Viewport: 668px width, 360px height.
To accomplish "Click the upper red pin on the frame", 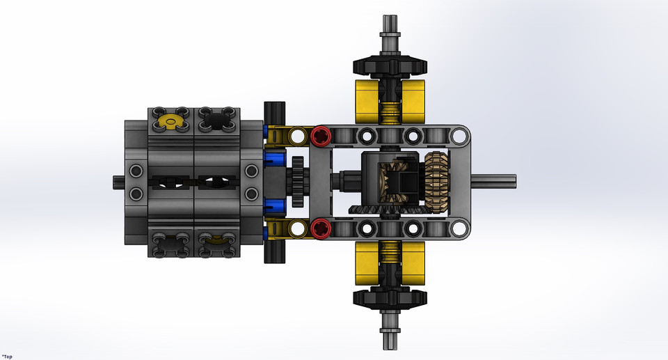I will click(320, 136).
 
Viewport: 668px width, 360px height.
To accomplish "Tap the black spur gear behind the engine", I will click(298, 182).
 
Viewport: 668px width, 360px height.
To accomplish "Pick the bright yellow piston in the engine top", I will click(168, 122).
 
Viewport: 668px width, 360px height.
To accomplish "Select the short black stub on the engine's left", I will click(119, 182).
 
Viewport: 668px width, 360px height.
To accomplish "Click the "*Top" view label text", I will click(8, 356).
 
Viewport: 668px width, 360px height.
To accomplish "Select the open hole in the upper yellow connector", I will click(298, 135).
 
